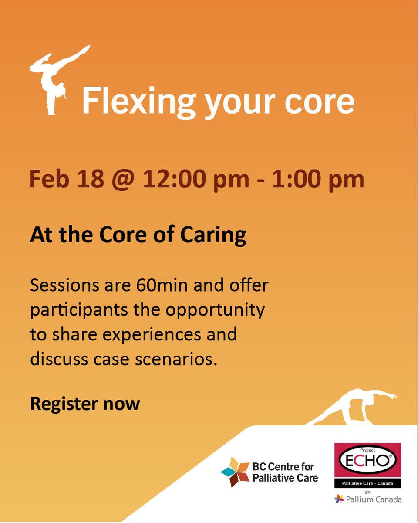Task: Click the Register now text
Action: (x=85, y=404)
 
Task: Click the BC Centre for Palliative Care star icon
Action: (x=235, y=472)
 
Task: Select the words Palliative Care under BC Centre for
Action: (x=285, y=478)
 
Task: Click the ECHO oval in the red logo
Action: (x=367, y=462)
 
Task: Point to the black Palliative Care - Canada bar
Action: (x=367, y=483)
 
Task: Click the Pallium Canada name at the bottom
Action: (x=374, y=499)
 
